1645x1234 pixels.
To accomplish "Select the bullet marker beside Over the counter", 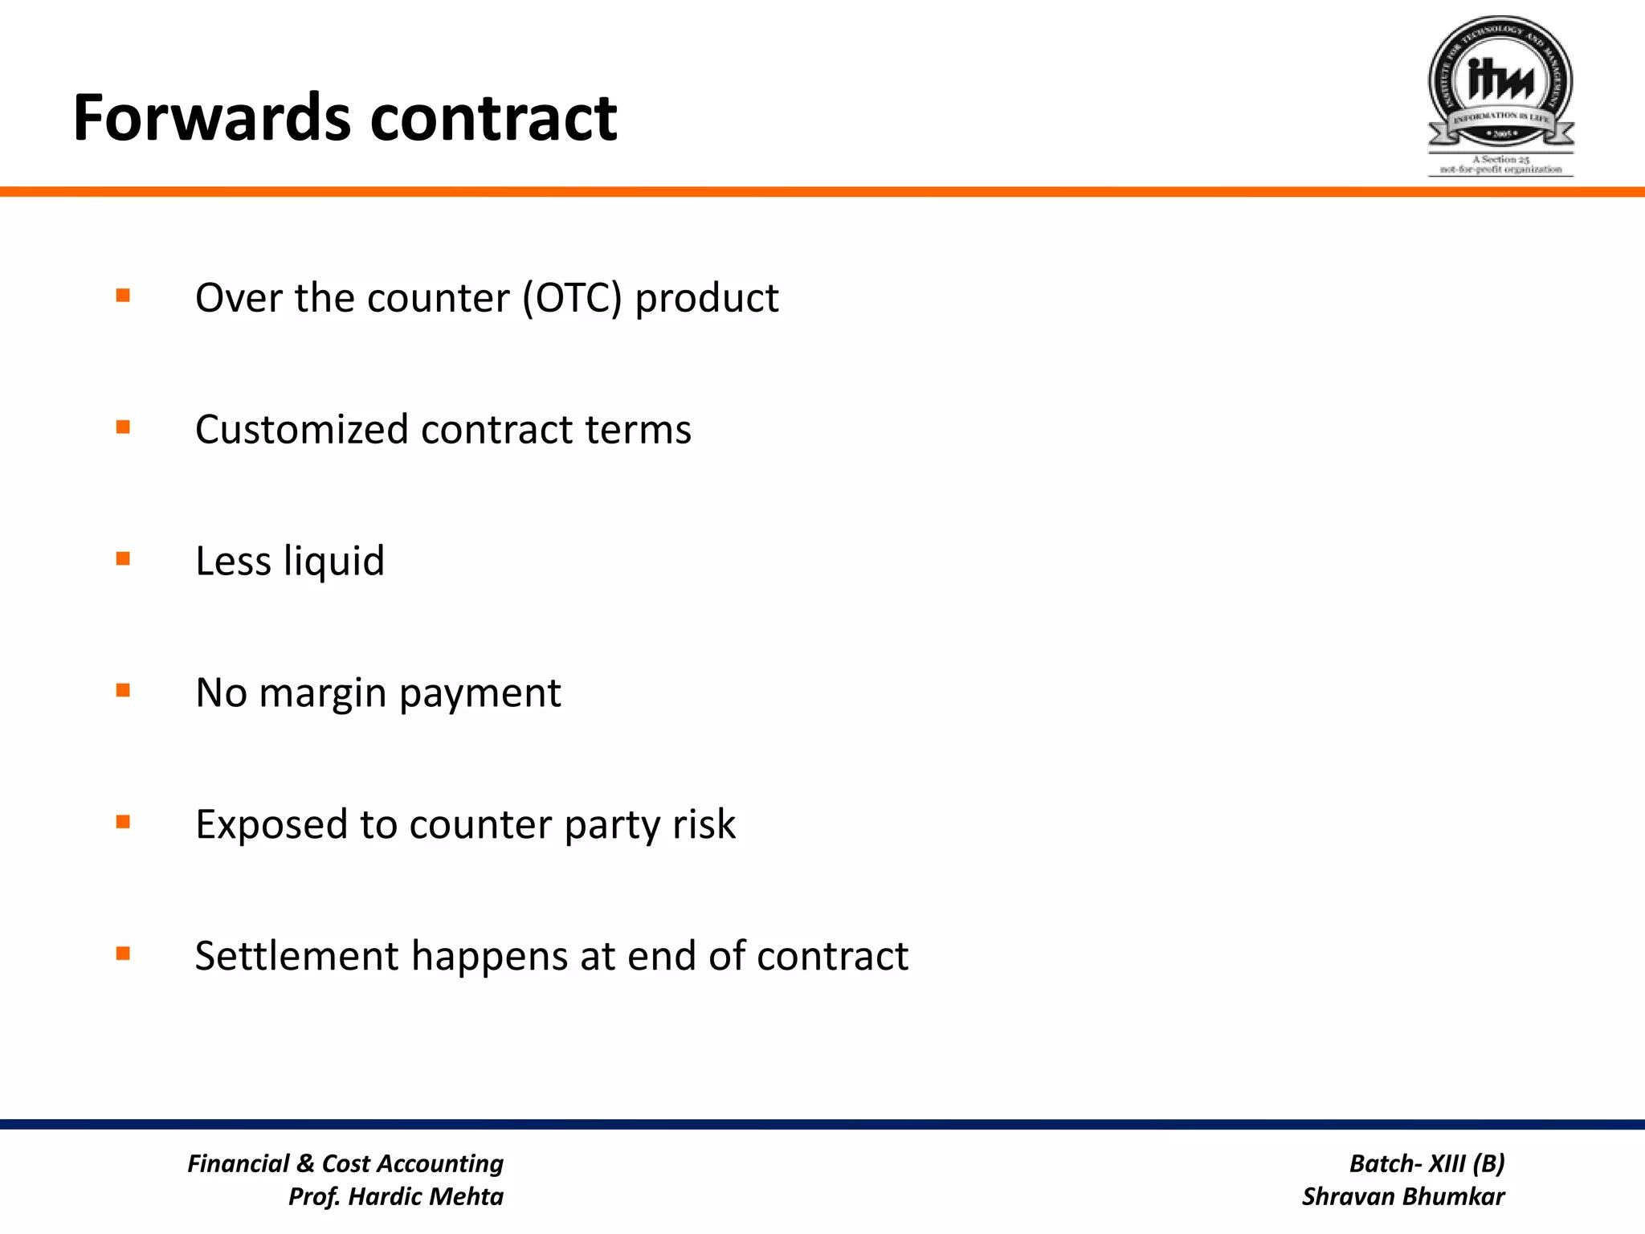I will pos(123,296).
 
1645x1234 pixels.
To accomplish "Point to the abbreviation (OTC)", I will pos(572,298).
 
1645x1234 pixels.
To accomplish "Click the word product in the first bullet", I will pos(706,300).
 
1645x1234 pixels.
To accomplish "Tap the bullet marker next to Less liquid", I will pos(123,558).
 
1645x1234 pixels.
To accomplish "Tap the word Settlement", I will pos(296,956).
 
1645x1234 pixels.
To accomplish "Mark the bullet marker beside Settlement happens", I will pos(123,954).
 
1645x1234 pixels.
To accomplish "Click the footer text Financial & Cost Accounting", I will pos(345,1163).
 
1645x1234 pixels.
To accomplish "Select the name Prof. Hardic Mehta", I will pos(396,1196).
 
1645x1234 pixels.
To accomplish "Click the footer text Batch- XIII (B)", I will pos(1427,1163).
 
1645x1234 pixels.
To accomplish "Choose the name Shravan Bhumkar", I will pos(1402,1196).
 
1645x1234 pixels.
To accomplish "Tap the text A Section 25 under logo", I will pos(1500,159).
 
